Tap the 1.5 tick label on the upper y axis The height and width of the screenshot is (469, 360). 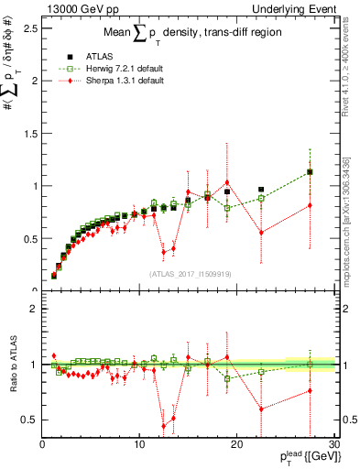[x=30, y=133]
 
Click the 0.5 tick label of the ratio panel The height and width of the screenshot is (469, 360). [x=30, y=420]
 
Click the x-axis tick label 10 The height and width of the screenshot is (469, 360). [x=138, y=445]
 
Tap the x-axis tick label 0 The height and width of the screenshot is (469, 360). [x=42, y=445]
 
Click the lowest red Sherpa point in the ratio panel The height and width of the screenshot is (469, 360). [x=164, y=426]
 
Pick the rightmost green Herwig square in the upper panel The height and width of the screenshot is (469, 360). [x=310, y=172]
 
